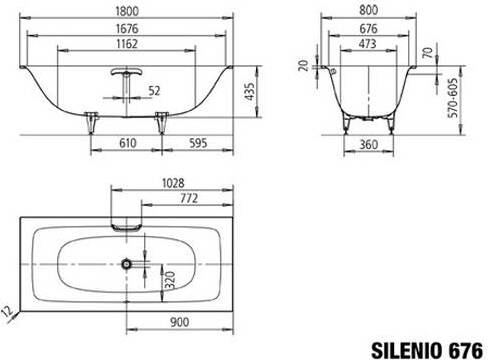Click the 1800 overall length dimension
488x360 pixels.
[x=127, y=11]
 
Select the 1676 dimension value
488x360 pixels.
[x=127, y=28]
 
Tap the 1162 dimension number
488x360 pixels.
[x=127, y=44]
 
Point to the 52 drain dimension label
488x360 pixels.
[x=154, y=91]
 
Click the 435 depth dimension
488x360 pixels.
[x=249, y=91]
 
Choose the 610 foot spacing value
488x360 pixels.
[x=128, y=143]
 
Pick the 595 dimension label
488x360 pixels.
[x=198, y=143]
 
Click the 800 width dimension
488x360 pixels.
[x=369, y=10]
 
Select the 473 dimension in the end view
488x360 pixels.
[x=368, y=44]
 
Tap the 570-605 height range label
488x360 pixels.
[x=453, y=98]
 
